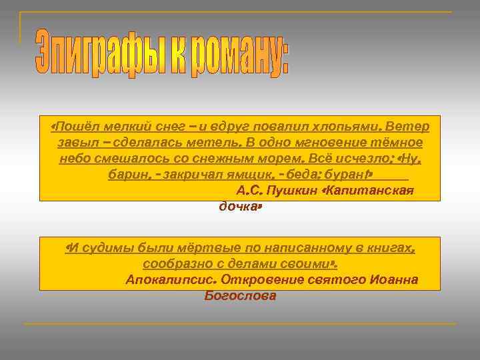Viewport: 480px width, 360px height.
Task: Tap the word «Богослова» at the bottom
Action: (240, 295)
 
